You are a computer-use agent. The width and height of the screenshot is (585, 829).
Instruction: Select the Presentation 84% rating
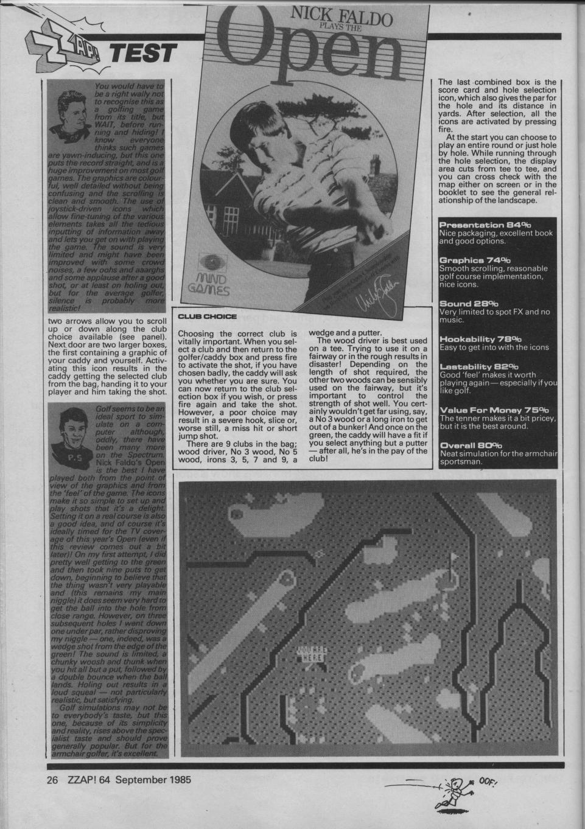[x=482, y=225]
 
